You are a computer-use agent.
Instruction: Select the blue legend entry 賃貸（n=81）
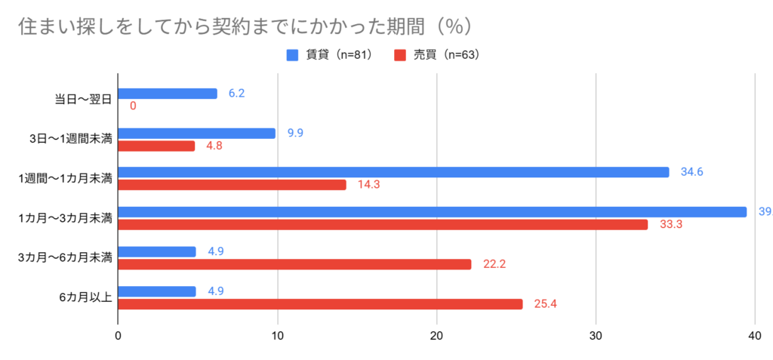coord(328,54)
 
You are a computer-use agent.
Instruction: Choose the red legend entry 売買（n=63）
coord(437,54)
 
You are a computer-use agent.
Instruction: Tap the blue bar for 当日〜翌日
coord(168,94)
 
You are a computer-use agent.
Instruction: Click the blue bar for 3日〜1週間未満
coord(197,134)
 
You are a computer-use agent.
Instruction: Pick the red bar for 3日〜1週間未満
coord(156,146)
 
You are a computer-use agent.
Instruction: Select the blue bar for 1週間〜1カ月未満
coord(393,172)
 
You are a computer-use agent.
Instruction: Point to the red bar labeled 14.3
coord(232,185)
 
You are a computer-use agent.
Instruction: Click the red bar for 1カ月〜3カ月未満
coord(383,224)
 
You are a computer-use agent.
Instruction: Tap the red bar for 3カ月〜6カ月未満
coord(294,264)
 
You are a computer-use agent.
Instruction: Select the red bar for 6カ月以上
coord(320,304)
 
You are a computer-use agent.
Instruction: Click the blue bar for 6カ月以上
coord(157,291)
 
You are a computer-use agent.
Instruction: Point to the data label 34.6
coord(692,172)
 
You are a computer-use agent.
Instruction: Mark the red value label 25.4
coord(546,304)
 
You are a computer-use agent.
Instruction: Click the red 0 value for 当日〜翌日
coord(133,106)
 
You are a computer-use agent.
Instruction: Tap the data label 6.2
coord(237,94)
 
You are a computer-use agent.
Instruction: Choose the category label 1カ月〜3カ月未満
coord(66,218)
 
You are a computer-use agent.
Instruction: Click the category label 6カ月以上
coord(85,297)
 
